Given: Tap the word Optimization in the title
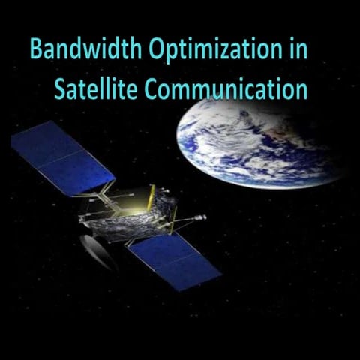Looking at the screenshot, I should tap(212, 51).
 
